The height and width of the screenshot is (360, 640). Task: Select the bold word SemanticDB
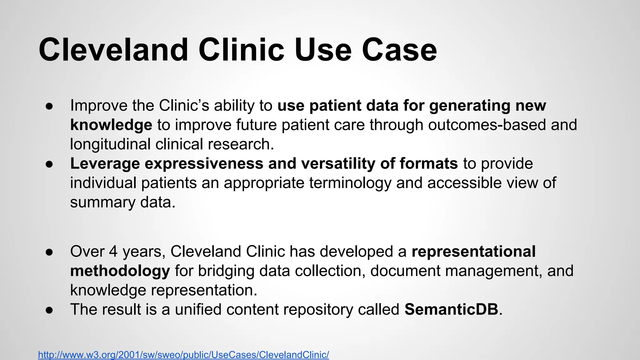coord(451,309)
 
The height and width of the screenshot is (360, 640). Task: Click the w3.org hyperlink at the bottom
coord(183,355)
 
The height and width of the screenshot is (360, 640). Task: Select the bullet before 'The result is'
coord(49,310)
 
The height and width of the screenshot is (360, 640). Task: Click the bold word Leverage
coord(105,164)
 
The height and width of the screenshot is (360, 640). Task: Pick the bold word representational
coord(473,252)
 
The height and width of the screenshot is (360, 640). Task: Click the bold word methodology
coord(120,271)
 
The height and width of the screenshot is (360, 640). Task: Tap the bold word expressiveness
coord(204,164)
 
